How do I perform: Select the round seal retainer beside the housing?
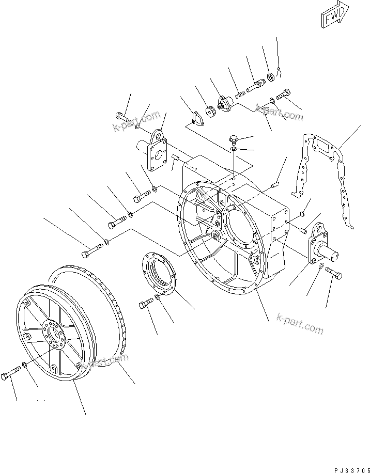[160, 277]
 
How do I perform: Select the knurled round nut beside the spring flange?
[210, 111]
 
